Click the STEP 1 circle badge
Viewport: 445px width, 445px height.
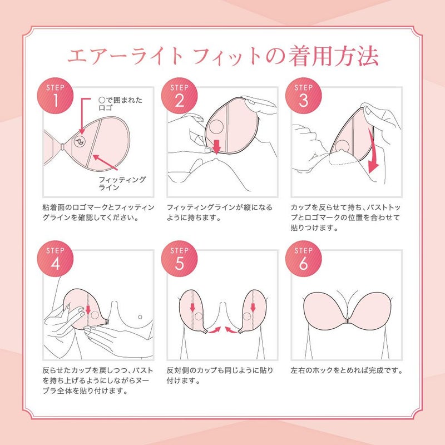pos(55,96)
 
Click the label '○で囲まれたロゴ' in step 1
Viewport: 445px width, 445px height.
pos(120,104)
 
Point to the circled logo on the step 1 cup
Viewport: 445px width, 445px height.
pos(80,142)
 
